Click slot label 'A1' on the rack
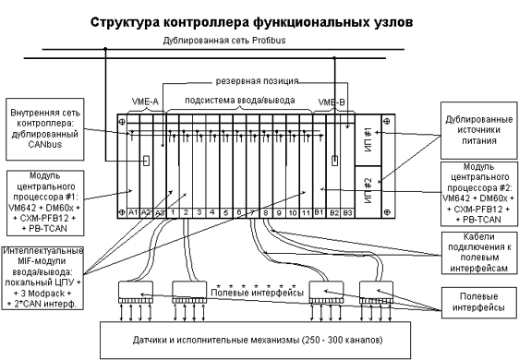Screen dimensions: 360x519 click(x=133, y=213)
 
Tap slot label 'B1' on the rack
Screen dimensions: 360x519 click(x=320, y=213)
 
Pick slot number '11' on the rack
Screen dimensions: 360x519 click(x=306, y=213)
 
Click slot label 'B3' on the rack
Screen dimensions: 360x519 click(x=347, y=213)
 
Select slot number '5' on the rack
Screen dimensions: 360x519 click(x=225, y=213)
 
